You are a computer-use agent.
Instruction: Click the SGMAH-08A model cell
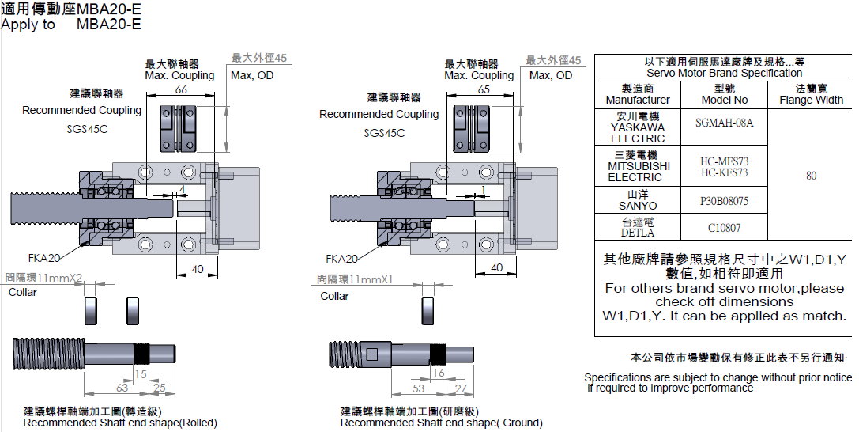(725, 123)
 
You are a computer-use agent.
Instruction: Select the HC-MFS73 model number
(724, 161)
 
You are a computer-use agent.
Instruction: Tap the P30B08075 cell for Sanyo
(724, 201)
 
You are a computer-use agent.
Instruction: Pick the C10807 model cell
(724, 227)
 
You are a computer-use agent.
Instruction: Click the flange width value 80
(811, 176)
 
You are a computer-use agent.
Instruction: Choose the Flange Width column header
(811, 95)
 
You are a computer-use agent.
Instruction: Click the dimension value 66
(181, 91)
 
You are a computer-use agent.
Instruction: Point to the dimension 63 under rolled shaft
(122, 388)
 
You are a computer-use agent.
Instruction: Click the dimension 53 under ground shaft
(418, 388)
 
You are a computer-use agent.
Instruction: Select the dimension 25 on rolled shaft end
(160, 388)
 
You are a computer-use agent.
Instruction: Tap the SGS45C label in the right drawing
(384, 133)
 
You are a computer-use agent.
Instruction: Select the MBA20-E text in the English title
(109, 24)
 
